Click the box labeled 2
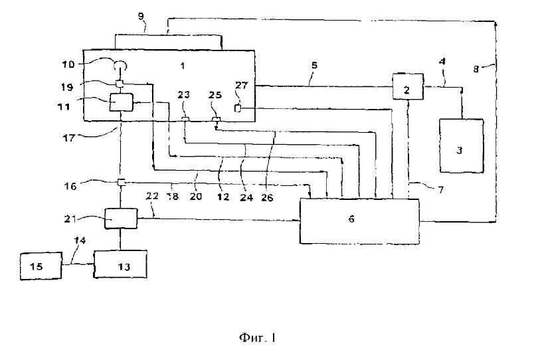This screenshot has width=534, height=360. pos(408,86)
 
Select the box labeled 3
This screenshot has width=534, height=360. pos(462,145)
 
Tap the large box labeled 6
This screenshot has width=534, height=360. pos(359,221)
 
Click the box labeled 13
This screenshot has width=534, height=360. pos(120,264)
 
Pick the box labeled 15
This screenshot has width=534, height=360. pos(41,266)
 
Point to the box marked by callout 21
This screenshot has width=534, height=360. pos(121,219)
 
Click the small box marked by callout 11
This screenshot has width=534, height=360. pos(122,102)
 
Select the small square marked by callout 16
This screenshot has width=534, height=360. pos(121,182)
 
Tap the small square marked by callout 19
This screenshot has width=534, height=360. pos(119,83)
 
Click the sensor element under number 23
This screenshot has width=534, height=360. pos(185,118)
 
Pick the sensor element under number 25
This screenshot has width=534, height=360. pos(217,118)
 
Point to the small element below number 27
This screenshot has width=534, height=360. pos(238,109)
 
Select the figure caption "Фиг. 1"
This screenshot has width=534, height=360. pos(257,337)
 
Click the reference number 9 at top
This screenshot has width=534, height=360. pos(141,17)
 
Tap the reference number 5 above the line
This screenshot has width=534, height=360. pos(314,65)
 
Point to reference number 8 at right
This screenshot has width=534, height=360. pos(476,69)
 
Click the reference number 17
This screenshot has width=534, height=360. pos(68,138)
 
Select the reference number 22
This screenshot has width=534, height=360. pos(152,196)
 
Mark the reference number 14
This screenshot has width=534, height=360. pos(80,240)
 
